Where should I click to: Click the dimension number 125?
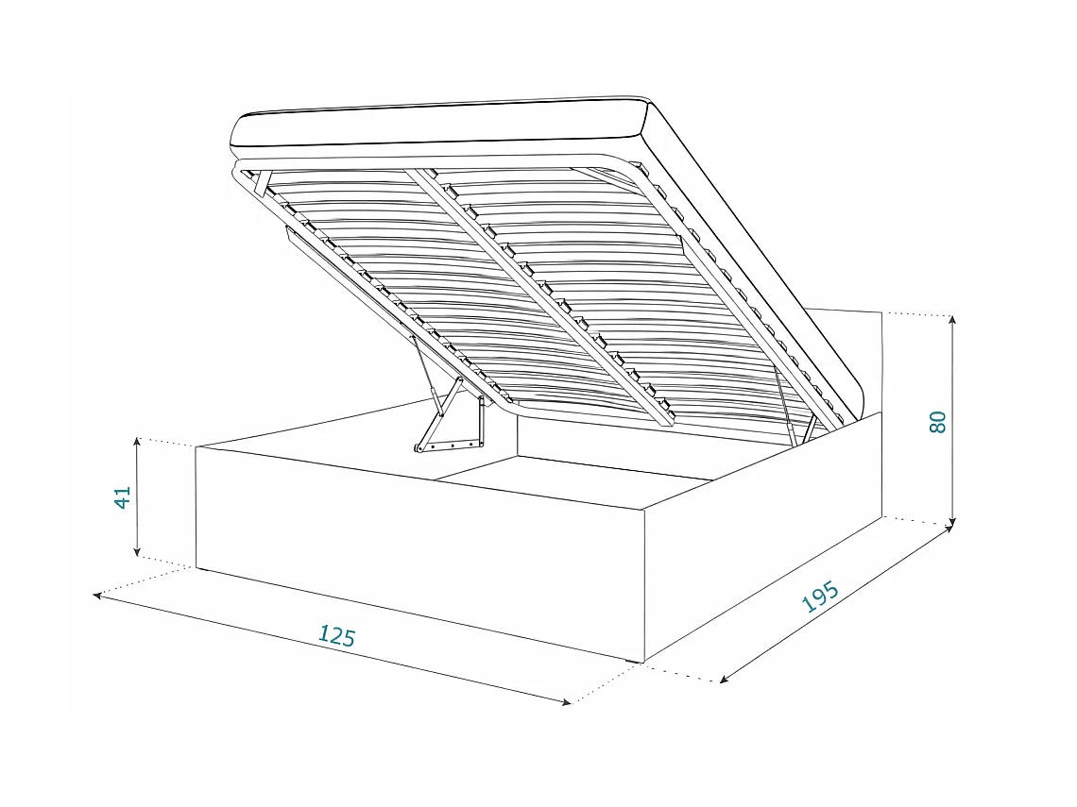pos(336,636)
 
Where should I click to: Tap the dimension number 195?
pos(819,597)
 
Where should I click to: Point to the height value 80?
pos(937,422)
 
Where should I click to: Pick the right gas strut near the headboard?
pos(786,396)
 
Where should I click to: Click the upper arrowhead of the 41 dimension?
pos(138,442)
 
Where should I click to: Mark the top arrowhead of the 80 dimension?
pos(952,319)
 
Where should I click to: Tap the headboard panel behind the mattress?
pos(850,349)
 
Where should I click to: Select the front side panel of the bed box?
pos(416,557)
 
